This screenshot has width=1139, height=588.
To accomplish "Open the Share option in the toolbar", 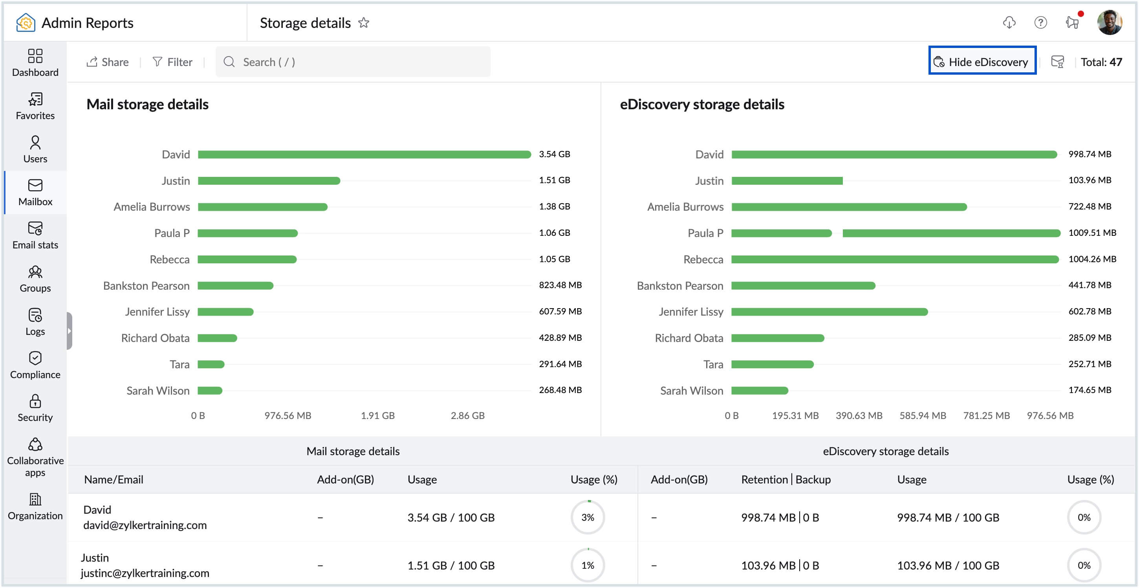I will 108,62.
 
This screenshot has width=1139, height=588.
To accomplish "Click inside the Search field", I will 354,62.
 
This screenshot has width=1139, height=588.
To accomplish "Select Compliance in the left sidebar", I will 35,366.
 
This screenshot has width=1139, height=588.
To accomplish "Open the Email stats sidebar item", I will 35,236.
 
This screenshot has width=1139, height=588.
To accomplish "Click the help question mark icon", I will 1040,22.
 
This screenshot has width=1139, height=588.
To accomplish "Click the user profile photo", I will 1109,22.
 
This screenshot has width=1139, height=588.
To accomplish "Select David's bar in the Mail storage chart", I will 364,154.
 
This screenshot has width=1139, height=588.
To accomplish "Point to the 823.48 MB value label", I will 560,285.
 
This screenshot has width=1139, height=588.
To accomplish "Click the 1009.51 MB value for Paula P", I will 1092,233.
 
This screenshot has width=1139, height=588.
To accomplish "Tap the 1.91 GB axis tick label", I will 377,415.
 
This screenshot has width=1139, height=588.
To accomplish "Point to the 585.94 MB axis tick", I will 922,415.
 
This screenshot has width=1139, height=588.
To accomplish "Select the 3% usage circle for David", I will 587,517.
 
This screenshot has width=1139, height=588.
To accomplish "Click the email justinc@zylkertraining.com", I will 145,573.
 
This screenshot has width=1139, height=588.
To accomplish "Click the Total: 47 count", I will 1101,62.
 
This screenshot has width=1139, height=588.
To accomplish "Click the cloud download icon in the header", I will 1009,22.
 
